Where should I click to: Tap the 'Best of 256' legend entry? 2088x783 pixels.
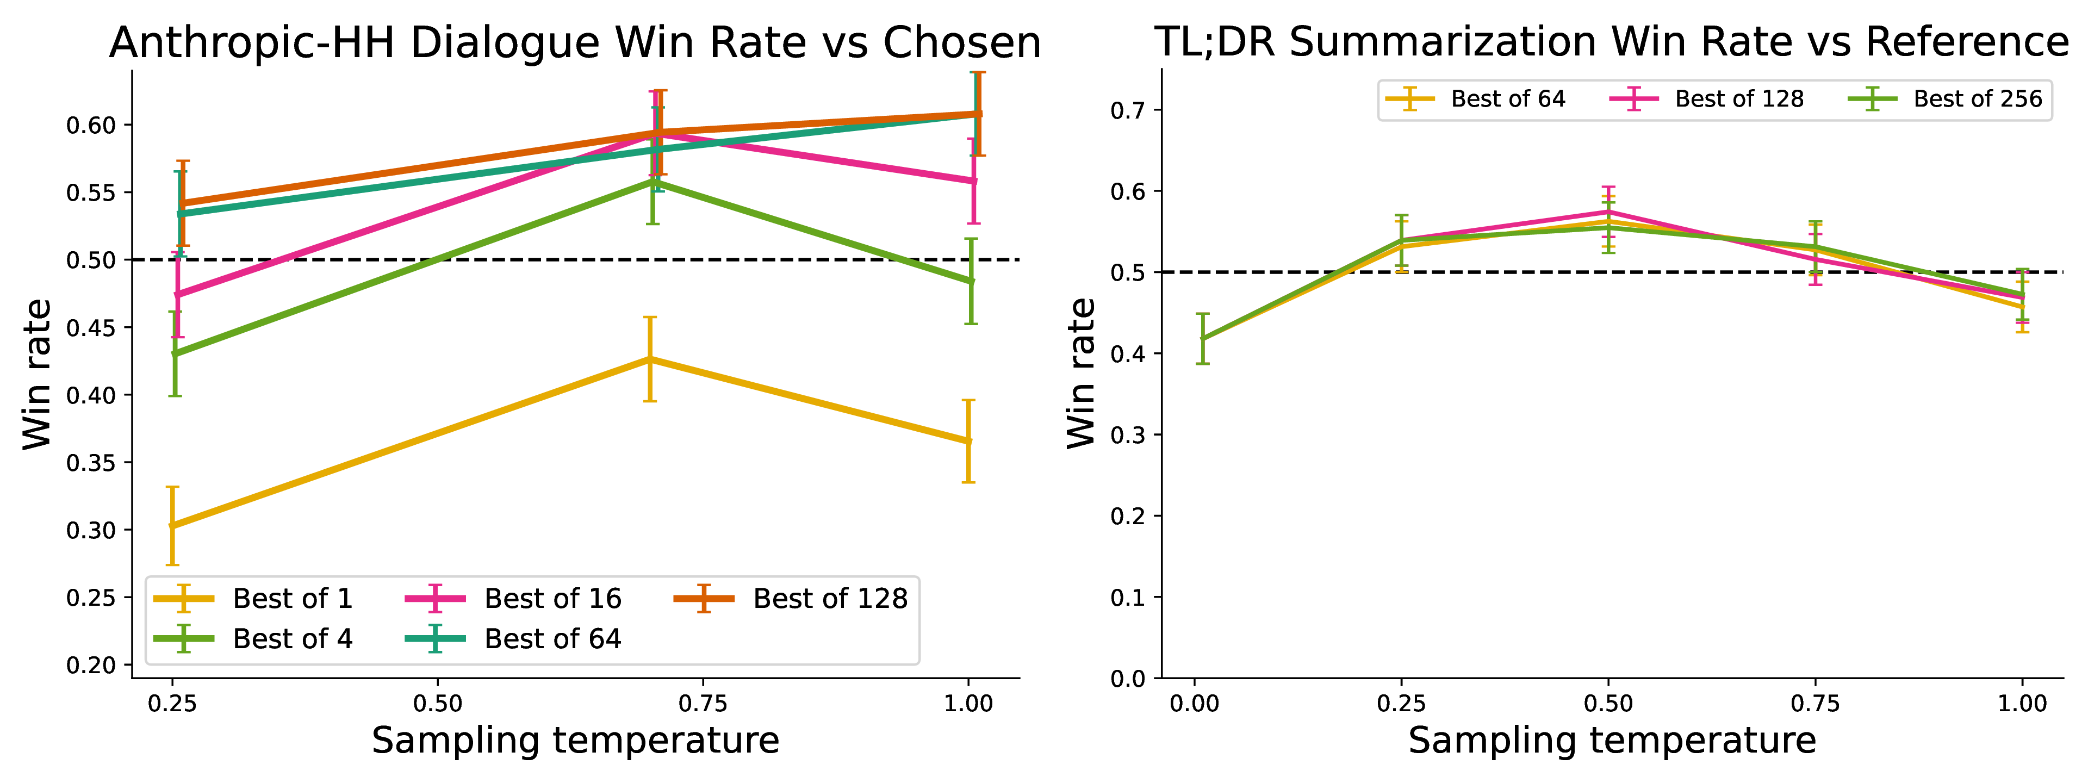click(1946, 99)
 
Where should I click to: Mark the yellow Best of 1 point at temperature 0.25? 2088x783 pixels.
click(172, 525)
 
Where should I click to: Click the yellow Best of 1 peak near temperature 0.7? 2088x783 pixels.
click(649, 358)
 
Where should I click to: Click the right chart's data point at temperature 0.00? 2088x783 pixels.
click(1203, 339)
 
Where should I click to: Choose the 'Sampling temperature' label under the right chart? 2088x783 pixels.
click(1612, 741)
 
